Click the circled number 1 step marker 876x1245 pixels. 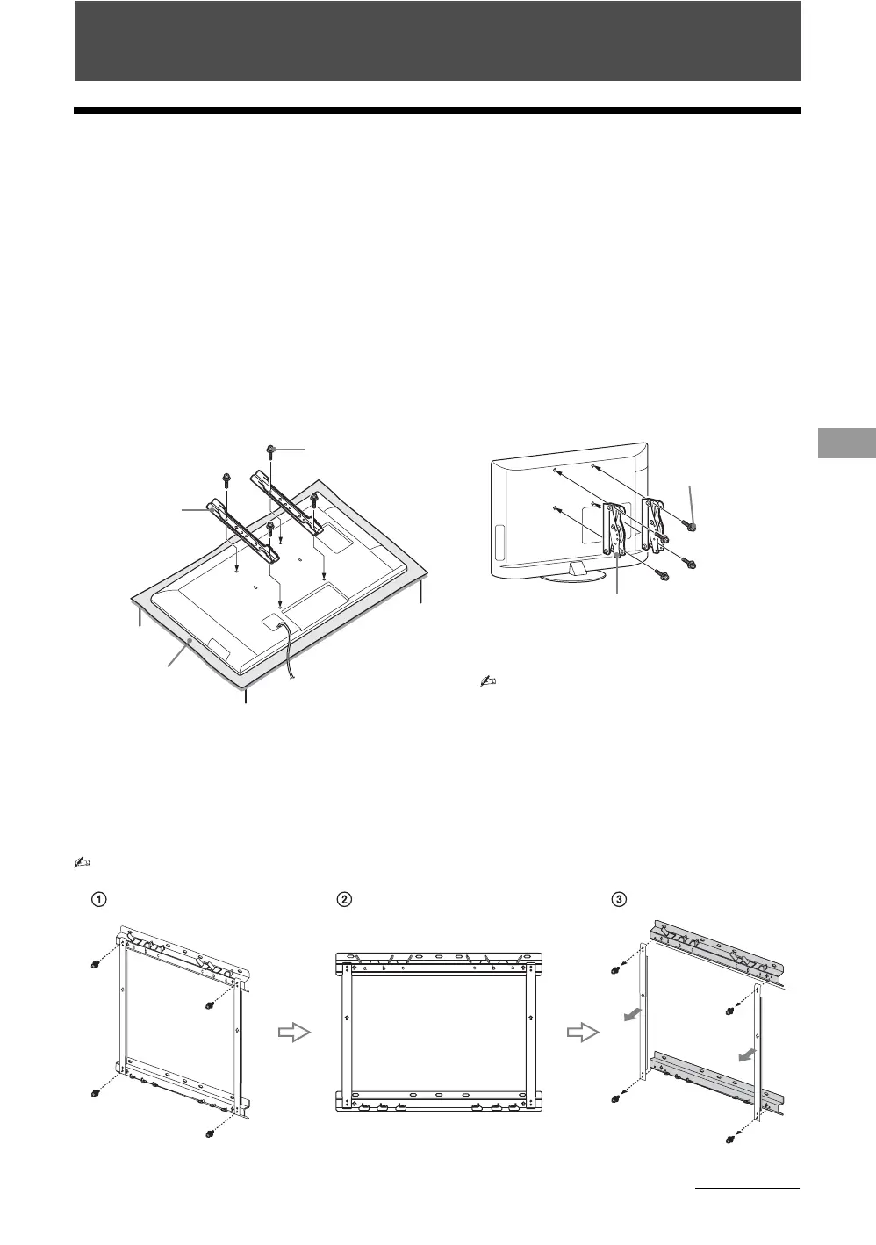click(100, 899)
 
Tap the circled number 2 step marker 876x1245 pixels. click(346, 899)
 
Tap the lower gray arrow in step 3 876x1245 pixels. click(747, 1053)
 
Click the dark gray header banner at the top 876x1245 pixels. click(438, 41)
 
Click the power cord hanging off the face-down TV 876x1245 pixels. click(288, 650)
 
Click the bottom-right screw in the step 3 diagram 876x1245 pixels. click(730, 1140)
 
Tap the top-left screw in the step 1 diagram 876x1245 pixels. click(95, 966)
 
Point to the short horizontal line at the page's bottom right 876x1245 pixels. click(747, 1190)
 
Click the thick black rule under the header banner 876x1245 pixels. click(438, 112)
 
